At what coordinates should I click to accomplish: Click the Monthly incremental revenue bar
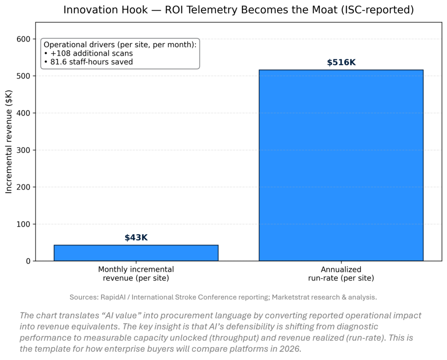136,253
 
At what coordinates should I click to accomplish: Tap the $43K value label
136,238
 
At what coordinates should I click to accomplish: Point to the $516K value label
341,62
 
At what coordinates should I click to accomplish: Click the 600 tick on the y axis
24,39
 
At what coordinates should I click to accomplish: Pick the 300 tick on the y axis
24,150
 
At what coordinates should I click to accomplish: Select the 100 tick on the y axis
24,224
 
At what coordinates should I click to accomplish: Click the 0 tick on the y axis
28,261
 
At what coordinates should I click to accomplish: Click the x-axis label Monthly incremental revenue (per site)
136,273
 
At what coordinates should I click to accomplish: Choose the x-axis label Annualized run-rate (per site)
341,273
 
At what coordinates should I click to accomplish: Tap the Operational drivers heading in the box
120,45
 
